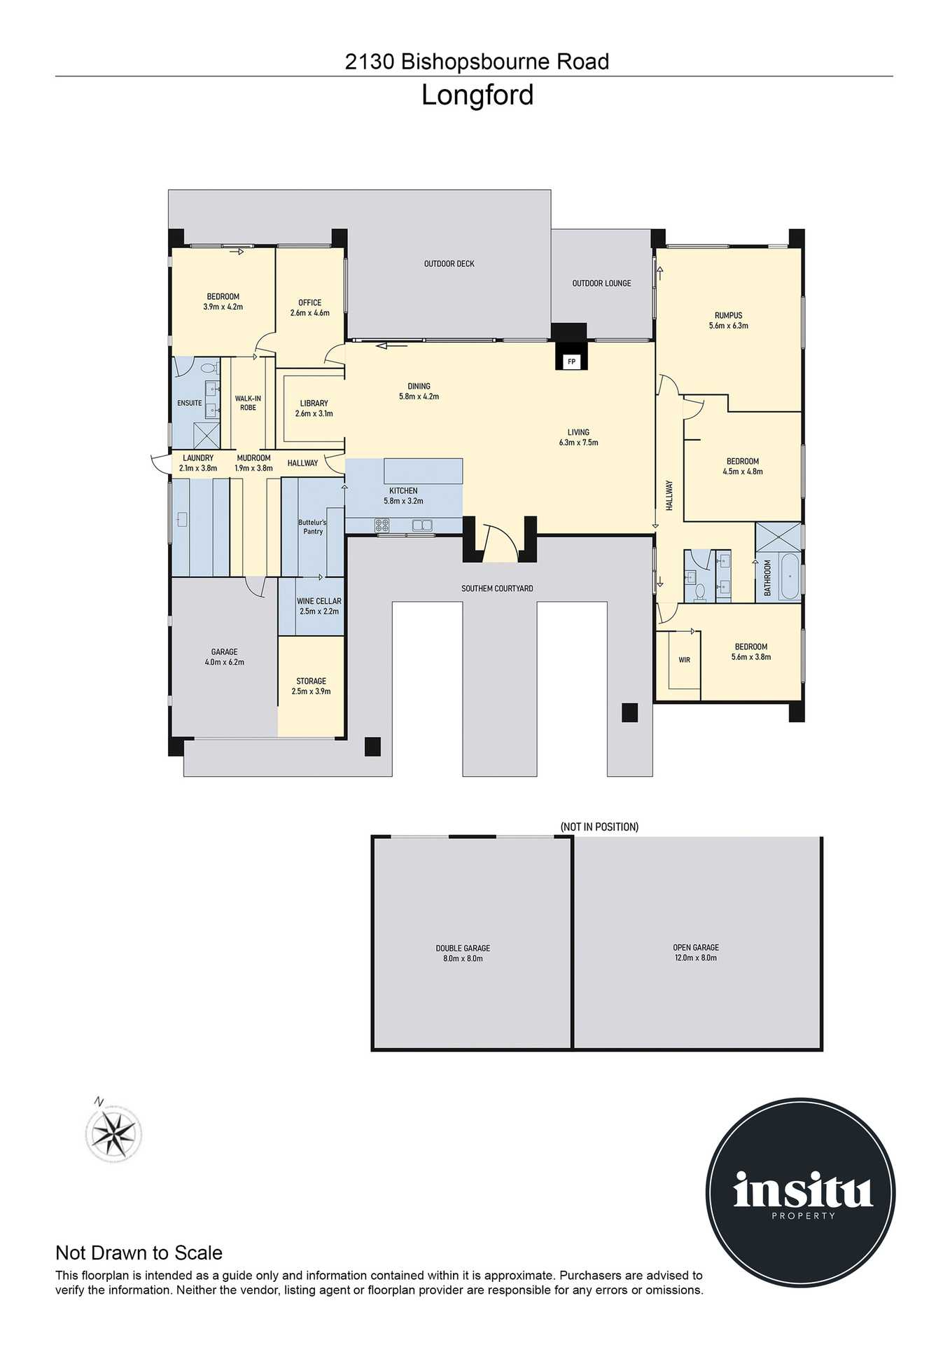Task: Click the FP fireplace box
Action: coord(571,361)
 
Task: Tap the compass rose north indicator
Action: coord(113,1132)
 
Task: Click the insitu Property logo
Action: coord(800,1192)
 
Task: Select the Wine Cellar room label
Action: coord(319,606)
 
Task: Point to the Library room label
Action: coord(314,408)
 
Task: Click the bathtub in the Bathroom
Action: coord(790,577)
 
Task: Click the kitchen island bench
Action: coord(423,471)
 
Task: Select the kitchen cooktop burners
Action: coord(382,525)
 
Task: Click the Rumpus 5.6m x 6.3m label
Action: coord(728,320)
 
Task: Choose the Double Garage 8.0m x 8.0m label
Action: coord(463,953)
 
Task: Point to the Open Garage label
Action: coord(695,952)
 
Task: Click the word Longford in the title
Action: coord(477,95)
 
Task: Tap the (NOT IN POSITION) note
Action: coord(599,827)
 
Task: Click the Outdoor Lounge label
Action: coord(601,283)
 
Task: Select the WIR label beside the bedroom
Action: coord(684,660)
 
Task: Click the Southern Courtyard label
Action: coord(497,588)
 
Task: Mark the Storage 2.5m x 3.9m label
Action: coord(311,686)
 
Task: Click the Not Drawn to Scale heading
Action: coord(139,1253)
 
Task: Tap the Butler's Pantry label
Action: coord(312,527)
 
